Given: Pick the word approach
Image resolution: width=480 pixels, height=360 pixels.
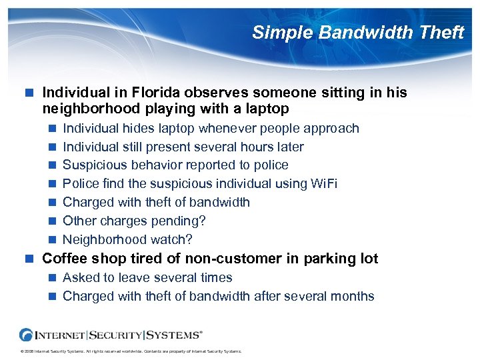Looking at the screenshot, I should tap(333, 128).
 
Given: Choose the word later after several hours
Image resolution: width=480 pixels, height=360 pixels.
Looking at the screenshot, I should tap(287, 147).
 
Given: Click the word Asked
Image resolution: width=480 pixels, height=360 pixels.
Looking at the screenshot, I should tap(81, 277).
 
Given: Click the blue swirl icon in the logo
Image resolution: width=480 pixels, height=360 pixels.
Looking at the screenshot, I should tap(27, 335).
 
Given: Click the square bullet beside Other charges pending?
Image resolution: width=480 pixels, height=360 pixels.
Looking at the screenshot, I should tap(53, 221).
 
